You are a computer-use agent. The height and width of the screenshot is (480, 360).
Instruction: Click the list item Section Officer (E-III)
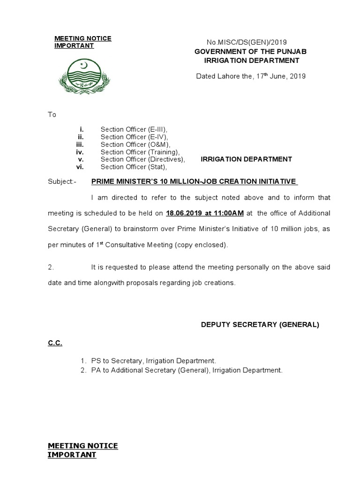(x=134, y=129)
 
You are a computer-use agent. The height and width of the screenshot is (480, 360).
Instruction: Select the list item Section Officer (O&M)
(x=135, y=144)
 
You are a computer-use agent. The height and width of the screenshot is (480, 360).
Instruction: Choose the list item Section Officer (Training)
(x=140, y=152)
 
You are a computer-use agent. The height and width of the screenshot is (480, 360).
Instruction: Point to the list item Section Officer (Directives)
(x=142, y=159)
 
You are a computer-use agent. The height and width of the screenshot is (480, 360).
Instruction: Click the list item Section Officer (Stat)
(x=134, y=167)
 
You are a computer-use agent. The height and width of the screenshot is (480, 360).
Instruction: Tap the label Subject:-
(x=61, y=181)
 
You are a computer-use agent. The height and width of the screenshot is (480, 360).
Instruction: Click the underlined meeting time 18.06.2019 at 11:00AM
(x=205, y=213)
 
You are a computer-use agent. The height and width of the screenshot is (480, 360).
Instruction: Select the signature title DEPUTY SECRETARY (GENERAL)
(x=260, y=324)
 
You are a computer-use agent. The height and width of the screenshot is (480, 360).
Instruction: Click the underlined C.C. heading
(x=55, y=343)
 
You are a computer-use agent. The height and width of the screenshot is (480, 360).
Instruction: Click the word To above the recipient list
(x=52, y=115)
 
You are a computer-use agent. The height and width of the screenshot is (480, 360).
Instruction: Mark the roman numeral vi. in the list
(x=80, y=167)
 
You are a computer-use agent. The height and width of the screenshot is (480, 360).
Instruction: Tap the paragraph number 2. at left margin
(x=51, y=267)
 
